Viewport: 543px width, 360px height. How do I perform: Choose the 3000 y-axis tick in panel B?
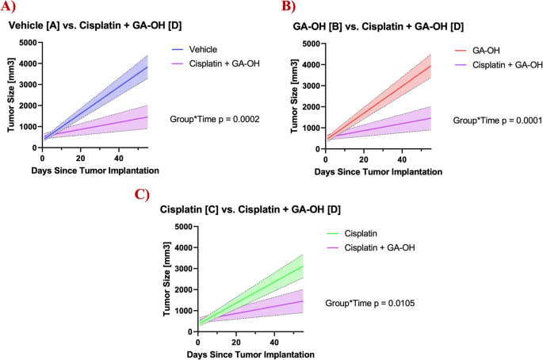[x=309, y=86]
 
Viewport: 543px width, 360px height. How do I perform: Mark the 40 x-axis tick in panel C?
[x=274, y=342]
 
